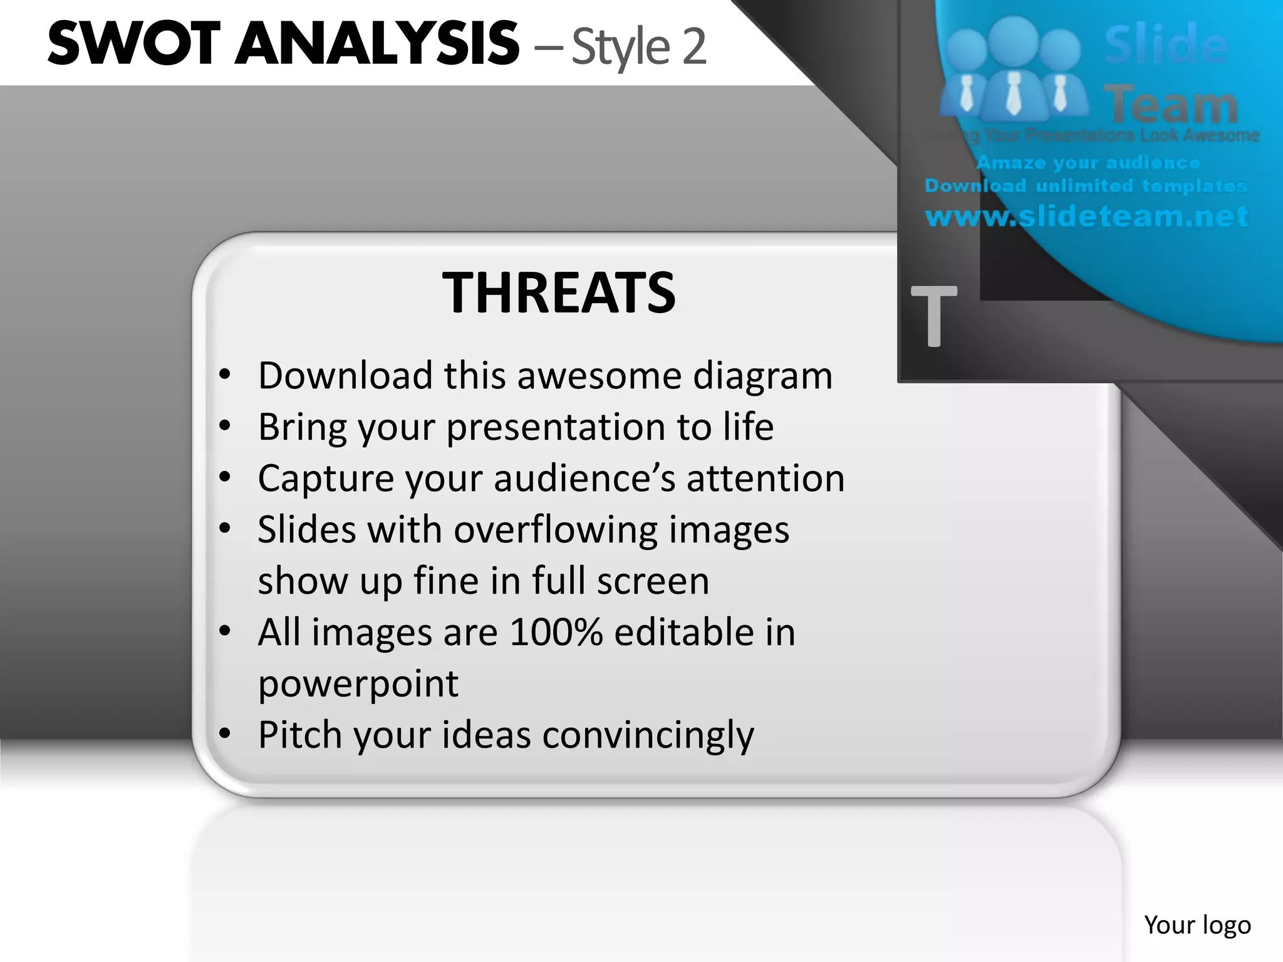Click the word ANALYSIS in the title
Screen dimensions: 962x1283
click(x=377, y=44)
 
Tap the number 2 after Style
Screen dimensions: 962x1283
click(x=693, y=47)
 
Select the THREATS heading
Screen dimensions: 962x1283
click(x=559, y=292)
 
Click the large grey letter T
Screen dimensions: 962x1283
click(x=933, y=316)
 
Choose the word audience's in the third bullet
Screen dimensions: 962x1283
click(x=585, y=478)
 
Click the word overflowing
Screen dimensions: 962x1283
click(x=556, y=530)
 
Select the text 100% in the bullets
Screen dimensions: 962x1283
click(x=556, y=632)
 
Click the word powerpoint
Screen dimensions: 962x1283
click(x=358, y=684)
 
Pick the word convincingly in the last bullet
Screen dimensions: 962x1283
click(x=648, y=735)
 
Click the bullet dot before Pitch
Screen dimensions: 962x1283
click(x=226, y=733)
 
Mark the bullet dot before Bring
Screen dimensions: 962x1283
click(x=226, y=426)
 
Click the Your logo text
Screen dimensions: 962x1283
click(x=1197, y=924)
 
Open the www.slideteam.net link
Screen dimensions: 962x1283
click(x=1087, y=217)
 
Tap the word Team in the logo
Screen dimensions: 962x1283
click(x=1171, y=105)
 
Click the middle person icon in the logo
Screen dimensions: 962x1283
click(x=1015, y=69)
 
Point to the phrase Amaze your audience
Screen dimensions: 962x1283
click(x=1088, y=163)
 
